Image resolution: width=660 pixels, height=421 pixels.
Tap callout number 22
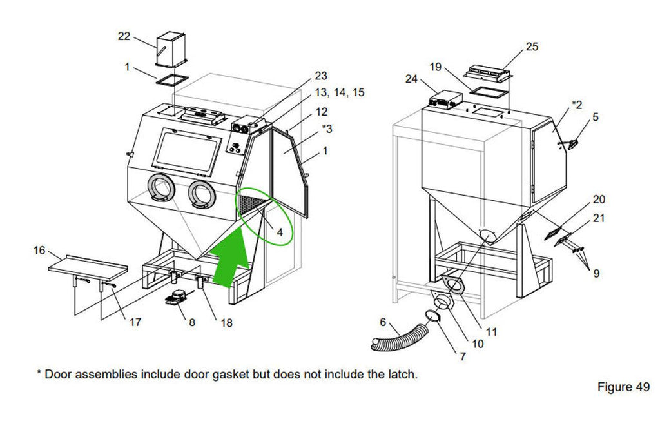(124, 36)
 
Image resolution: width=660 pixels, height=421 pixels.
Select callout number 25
(532, 46)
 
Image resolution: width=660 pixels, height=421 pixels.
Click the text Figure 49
(623, 387)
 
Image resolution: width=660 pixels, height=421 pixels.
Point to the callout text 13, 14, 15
(340, 92)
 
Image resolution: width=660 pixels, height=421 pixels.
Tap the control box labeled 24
(446, 101)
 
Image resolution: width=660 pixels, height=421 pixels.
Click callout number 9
(596, 273)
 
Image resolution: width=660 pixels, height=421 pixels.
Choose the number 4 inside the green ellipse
(280, 231)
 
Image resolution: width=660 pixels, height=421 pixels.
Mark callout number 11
(492, 332)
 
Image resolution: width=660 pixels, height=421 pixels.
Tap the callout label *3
(327, 128)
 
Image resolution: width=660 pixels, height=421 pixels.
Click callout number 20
(599, 200)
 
